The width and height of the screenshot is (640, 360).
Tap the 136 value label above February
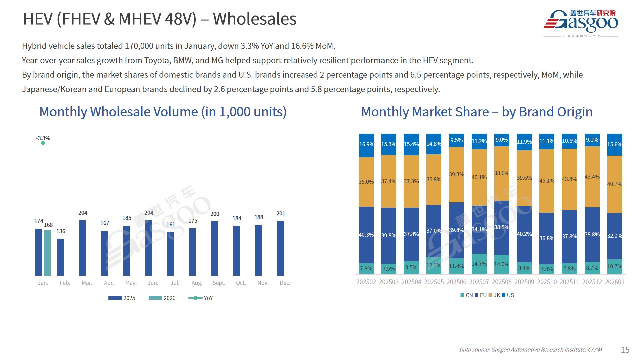(61, 231)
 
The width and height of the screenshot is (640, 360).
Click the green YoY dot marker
(43, 143)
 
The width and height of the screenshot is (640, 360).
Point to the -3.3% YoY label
(43, 138)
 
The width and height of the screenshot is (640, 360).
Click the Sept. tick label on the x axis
(219, 283)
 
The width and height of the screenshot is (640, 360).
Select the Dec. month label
(285, 283)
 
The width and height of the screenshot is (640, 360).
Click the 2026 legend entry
(162, 298)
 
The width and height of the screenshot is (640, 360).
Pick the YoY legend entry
(201, 298)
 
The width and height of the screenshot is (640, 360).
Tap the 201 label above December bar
(281, 213)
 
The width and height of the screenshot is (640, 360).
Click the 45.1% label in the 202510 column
(547, 181)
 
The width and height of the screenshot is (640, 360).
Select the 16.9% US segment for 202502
(366, 145)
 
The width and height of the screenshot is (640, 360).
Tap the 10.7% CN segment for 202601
(615, 267)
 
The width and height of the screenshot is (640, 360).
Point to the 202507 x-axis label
(479, 282)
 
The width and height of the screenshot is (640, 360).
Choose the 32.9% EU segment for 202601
(615, 236)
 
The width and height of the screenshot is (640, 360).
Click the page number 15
(625, 350)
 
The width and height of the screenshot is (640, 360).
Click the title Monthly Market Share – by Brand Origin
(477, 112)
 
